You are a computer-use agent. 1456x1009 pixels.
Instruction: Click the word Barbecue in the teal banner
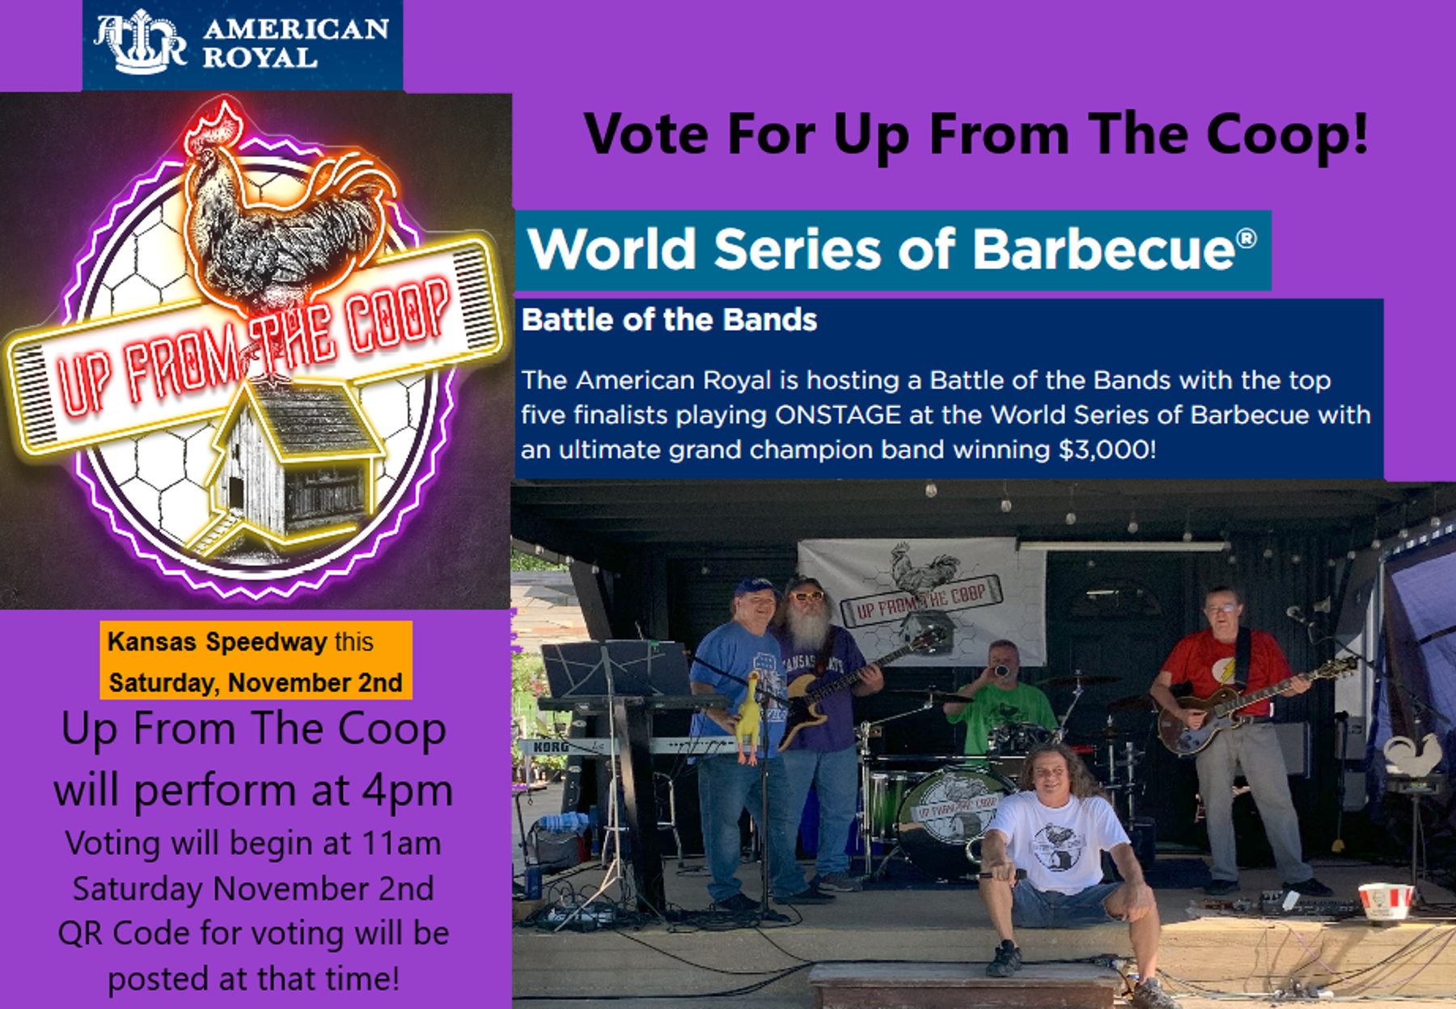(x=1104, y=248)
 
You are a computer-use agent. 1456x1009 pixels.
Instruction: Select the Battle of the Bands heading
(x=669, y=320)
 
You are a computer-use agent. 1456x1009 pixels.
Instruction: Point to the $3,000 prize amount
(x=1107, y=450)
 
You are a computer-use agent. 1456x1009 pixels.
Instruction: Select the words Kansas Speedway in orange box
(x=217, y=642)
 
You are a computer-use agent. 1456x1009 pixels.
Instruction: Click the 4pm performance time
(x=407, y=791)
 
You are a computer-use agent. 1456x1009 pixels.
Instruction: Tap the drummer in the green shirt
(x=1003, y=695)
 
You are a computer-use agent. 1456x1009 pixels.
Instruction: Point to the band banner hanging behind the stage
(x=922, y=598)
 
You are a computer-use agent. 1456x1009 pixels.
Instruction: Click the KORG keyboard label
(x=550, y=746)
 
